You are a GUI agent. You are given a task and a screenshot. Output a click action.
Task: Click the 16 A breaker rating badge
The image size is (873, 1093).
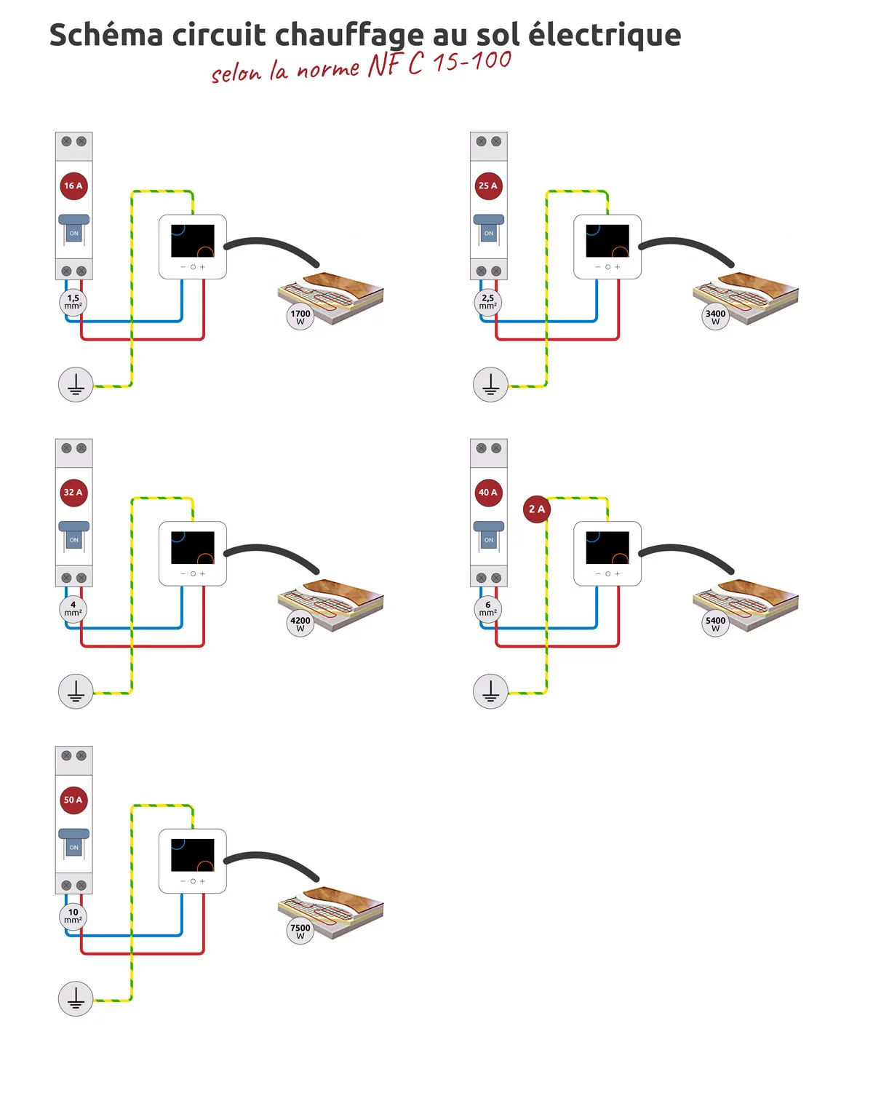[73, 186]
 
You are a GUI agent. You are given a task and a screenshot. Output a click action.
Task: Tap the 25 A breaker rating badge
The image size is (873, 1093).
[488, 186]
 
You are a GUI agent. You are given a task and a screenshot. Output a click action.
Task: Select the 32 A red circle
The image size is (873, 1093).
[73, 493]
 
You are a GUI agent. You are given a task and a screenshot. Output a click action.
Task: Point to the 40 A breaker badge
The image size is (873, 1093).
[488, 493]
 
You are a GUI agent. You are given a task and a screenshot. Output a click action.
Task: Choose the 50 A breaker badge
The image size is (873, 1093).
[73, 800]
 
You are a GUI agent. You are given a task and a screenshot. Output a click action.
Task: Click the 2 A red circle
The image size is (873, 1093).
[537, 509]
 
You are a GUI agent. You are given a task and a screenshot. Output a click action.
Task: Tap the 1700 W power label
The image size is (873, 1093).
[300, 317]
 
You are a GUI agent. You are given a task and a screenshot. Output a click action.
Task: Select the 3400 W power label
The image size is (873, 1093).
[715, 317]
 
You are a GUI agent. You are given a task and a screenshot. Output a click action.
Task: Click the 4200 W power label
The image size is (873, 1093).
[300, 624]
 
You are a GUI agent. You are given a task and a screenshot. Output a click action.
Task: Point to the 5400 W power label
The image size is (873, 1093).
[715, 624]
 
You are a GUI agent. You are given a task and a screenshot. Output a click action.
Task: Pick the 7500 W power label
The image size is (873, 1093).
[300, 931]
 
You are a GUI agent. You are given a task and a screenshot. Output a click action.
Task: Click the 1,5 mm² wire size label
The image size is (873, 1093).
[73, 302]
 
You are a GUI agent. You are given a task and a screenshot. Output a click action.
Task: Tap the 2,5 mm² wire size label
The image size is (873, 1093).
[488, 302]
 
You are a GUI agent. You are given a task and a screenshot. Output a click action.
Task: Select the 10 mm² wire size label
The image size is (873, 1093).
[73, 916]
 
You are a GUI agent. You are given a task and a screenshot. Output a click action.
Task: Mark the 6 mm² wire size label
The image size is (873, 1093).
[488, 609]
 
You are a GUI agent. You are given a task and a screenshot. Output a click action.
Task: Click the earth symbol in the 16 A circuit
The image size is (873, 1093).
[76, 384]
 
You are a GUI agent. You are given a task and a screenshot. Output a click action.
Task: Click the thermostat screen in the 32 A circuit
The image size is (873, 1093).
[193, 548]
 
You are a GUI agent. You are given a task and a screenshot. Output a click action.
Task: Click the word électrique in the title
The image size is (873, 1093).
[605, 35]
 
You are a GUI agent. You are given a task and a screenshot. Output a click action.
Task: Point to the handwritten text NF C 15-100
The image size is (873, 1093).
[439, 63]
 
